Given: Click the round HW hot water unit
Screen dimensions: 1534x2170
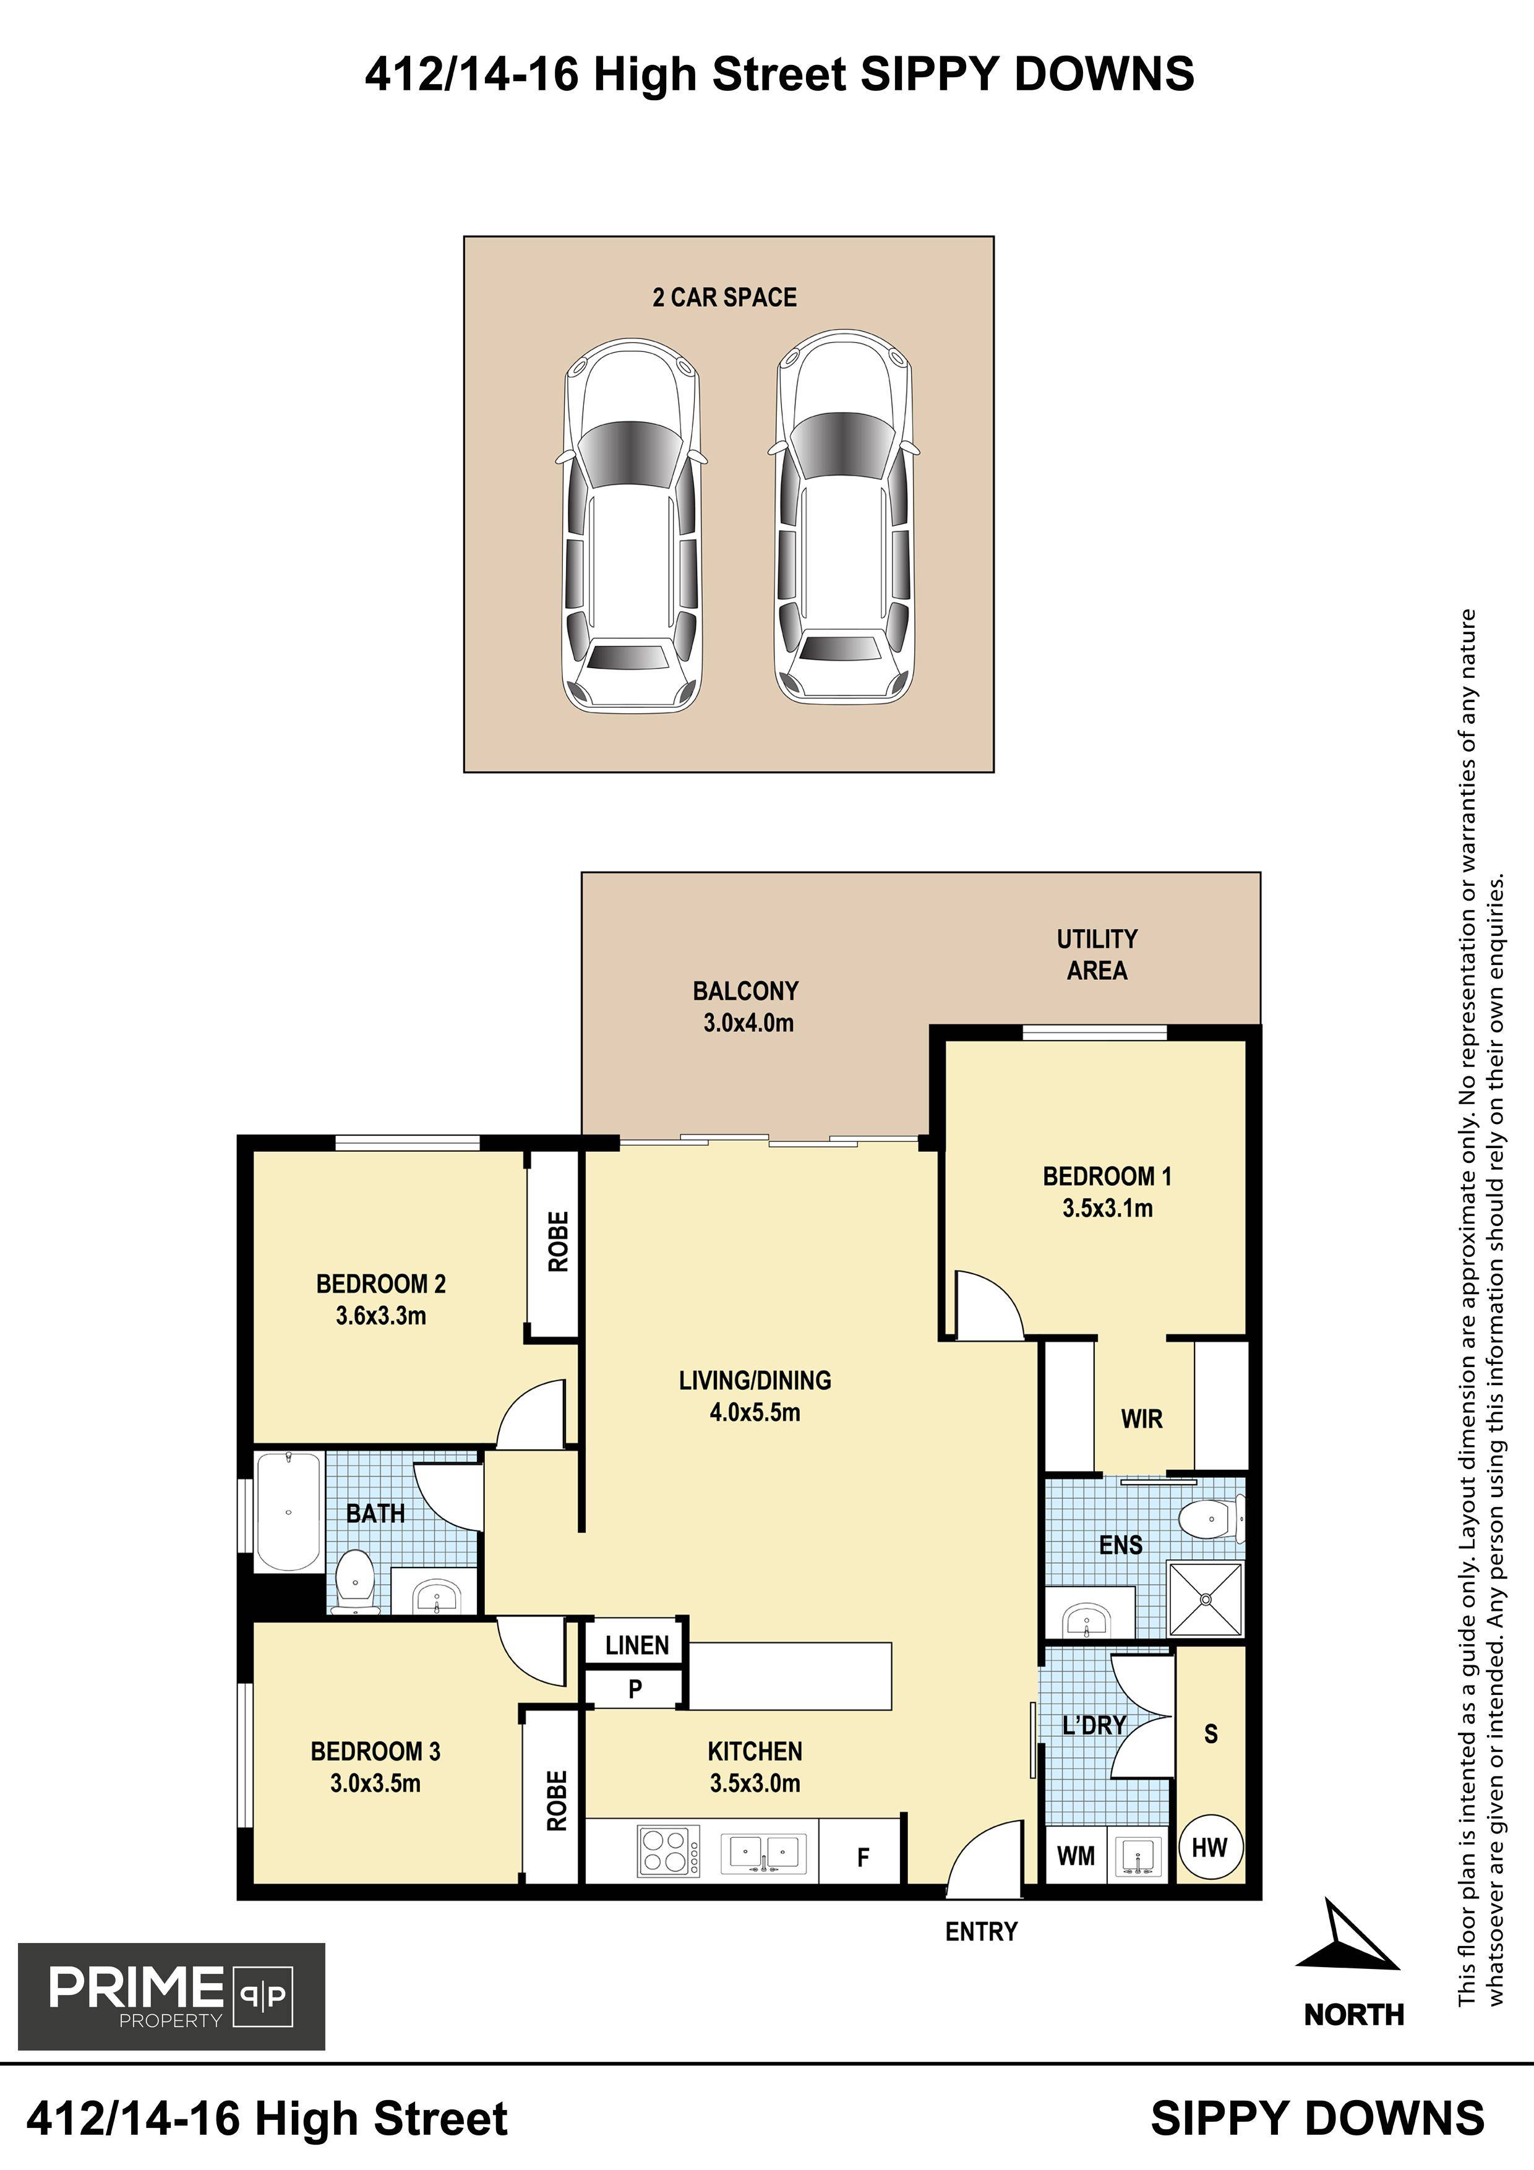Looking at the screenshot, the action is tap(1210, 1846).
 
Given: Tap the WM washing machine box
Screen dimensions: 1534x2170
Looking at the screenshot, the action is tap(1076, 1855).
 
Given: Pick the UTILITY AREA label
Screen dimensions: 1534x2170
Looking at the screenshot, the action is tap(1097, 954).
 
